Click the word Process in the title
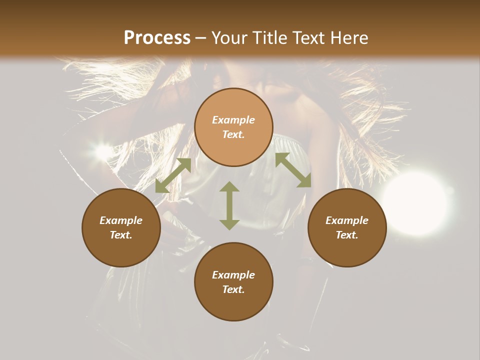click(157, 38)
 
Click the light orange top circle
click(233, 127)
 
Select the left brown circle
click(121, 227)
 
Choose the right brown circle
click(347, 227)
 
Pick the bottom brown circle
click(233, 282)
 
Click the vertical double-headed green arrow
click(229, 205)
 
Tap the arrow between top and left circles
click(173, 175)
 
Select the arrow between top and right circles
click(293, 170)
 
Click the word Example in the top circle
click(233, 120)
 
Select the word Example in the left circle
click(121, 220)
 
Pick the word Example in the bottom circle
click(233, 275)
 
